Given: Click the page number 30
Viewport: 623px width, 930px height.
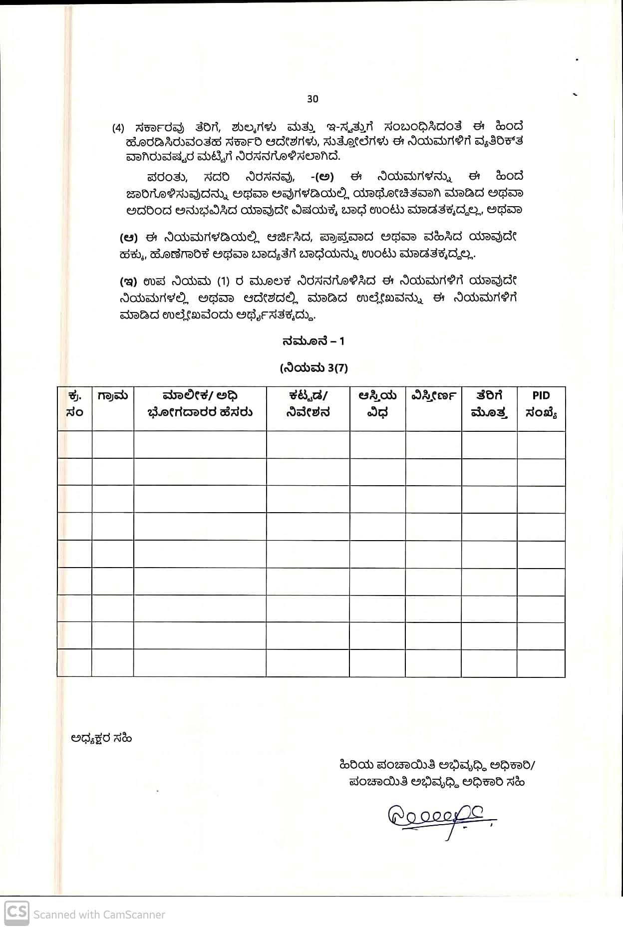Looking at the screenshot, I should (x=312, y=99).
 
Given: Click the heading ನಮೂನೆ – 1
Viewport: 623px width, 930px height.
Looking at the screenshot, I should (x=313, y=341).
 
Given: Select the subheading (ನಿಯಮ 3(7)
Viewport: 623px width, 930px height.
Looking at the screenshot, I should (x=313, y=368).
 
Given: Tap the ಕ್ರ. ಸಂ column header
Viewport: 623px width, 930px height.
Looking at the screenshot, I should (x=74, y=404).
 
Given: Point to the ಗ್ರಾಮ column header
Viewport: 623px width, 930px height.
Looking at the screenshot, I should (x=113, y=396).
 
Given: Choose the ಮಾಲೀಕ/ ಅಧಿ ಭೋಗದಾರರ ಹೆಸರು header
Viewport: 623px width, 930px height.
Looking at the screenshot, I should (x=200, y=404).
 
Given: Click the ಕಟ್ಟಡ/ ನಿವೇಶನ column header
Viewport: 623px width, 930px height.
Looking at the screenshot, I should (x=308, y=404).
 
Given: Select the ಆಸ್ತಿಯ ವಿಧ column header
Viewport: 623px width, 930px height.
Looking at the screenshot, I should (x=377, y=404).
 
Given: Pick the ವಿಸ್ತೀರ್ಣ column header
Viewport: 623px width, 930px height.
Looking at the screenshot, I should (x=433, y=396).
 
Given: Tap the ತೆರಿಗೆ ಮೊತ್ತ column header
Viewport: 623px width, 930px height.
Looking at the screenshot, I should (x=489, y=404).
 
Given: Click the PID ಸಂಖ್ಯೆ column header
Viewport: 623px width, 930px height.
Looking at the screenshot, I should (x=541, y=404).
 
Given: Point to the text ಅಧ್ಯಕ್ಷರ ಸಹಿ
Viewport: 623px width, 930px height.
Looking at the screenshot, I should (x=101, y=738).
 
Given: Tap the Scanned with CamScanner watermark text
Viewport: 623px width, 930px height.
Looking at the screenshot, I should (x=99, y=915).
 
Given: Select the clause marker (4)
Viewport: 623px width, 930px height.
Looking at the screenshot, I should (x=118, y=128).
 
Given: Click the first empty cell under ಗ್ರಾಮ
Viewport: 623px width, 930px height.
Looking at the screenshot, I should (x=113, y=444).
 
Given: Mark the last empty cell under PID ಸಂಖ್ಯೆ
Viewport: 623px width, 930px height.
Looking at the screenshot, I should (x=541, y=663).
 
